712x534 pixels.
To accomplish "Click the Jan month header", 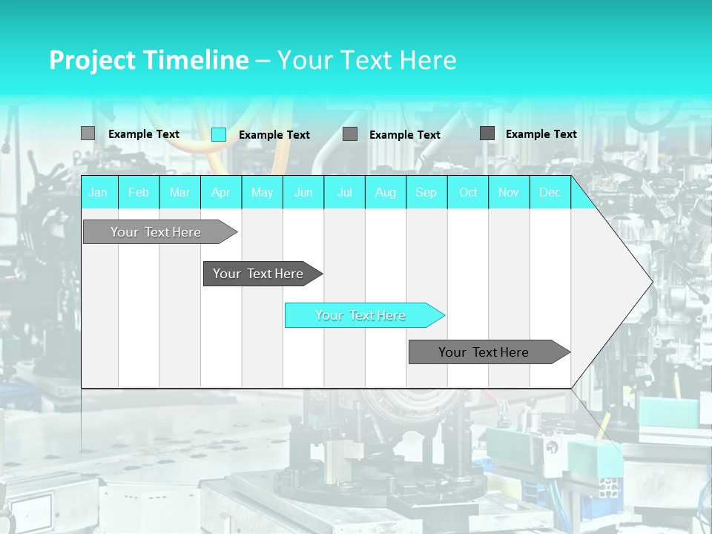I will [98, 192].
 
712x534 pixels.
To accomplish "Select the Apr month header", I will [220, 192].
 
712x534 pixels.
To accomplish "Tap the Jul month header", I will [344, 192].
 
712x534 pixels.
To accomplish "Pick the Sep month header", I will [426, 192].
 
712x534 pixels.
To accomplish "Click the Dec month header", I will [550, 192].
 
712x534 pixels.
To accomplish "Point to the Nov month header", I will [509, 192].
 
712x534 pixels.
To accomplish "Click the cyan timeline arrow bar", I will [363, 315].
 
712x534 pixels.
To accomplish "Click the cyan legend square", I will [219, 134].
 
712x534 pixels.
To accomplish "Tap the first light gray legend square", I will [88, 133].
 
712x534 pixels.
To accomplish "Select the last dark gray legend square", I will [487, 133].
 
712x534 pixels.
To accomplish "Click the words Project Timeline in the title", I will [148, 60].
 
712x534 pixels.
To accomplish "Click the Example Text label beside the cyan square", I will [274, 135].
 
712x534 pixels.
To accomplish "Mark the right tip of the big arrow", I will [651, 282].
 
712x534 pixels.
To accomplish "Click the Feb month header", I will [139, 192].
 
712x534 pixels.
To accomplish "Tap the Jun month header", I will [303, 192].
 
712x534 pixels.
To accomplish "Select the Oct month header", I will [468, 192].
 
